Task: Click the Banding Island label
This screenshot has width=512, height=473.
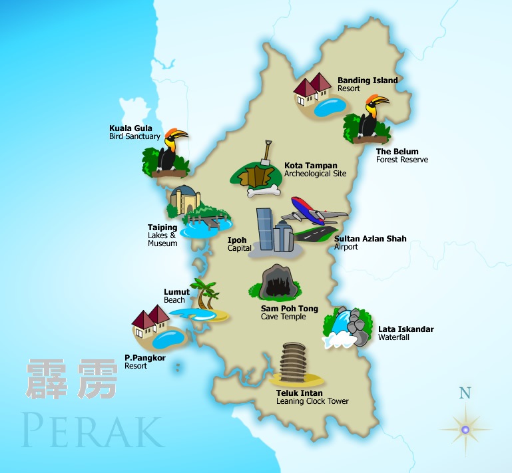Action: tap(368, 80)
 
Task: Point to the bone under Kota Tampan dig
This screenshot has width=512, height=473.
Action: tap(262, 192)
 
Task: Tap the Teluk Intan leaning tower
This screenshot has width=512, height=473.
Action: tap(294, 363)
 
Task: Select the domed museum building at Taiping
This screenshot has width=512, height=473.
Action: tap(184, 199)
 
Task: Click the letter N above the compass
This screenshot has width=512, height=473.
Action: tap(465, 393)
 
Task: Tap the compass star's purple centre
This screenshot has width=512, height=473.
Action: tap(465, 430)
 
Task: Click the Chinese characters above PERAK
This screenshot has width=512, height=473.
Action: tap(72, 379)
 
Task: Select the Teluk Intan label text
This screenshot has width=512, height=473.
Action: tap(300, 393)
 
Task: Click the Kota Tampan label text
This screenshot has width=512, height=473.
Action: tap(311, 166)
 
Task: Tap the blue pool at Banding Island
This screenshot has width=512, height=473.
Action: tap(331, 106)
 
